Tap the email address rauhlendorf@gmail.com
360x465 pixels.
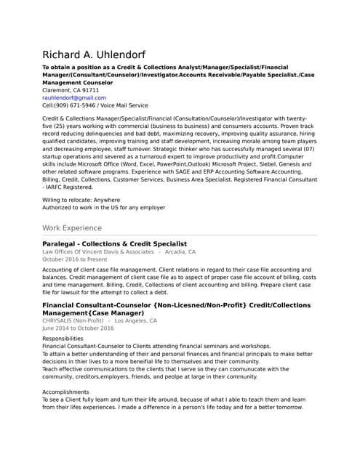(x=74, y=97)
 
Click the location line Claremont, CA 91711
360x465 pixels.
(x=71, y=90)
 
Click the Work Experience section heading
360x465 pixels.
(x=72, y=227)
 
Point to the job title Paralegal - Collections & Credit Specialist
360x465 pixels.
(x=115, y=243)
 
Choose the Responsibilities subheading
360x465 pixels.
(x=68, y=339)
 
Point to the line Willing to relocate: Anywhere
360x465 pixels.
(x=81, y=200)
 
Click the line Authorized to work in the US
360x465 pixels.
(x=104, y=207)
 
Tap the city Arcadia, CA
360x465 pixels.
(x=181, y=251)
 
